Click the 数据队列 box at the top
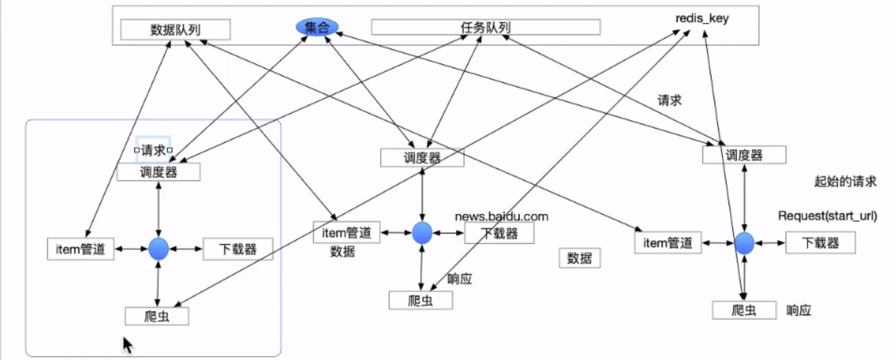coord(175,29)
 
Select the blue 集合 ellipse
coord(317,26)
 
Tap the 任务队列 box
coord(485,27)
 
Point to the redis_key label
coord(702,19)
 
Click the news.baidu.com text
coord(502,216)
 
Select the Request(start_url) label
coord(827,216)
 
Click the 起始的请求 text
coord(845,182)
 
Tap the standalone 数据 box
coord(580,258)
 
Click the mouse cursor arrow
coord(127,344)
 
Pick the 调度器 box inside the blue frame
coord(158,172)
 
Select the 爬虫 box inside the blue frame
coord(157,316)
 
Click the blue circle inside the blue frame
coord(158,249)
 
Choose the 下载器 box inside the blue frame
coord(238,249)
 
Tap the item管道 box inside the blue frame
coord(81,249)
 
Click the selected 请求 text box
coord(153,150)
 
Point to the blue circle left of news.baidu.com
coord(422,233)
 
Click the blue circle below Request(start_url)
coord(744,243)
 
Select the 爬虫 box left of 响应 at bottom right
coord(744,309)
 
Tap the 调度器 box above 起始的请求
coord(744,154)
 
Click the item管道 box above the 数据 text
coord(346,233)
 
